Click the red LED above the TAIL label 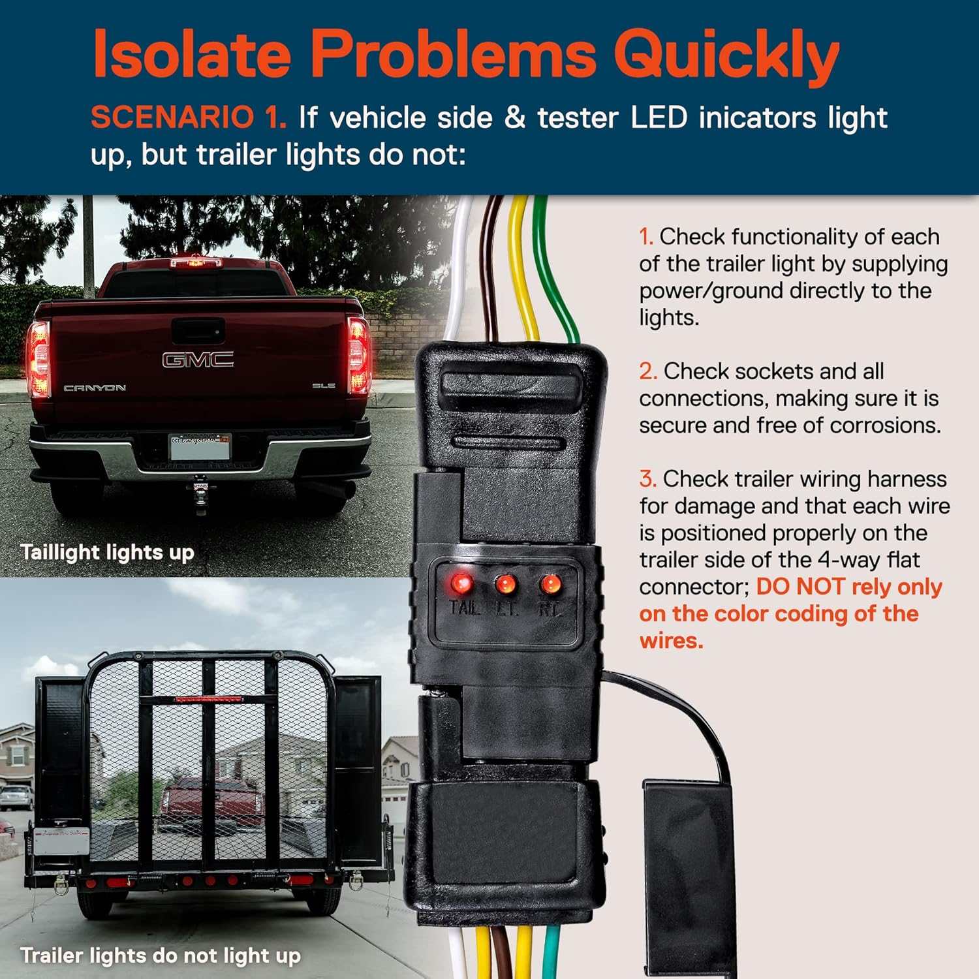[461, 582]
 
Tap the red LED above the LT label [506, 583]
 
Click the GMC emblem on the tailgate [198, 360]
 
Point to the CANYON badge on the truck [95, 388]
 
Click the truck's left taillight [39, 358]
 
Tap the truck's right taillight [358, 356]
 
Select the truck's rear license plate [200, 447]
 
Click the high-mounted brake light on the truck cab [195, 262]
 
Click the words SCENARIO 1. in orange [189, 117]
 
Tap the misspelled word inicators [758, 117]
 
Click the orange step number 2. [647, 371]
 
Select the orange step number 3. [647, 479]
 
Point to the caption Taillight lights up [108, 553]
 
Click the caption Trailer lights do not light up [161, 956]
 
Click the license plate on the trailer [61, 842]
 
